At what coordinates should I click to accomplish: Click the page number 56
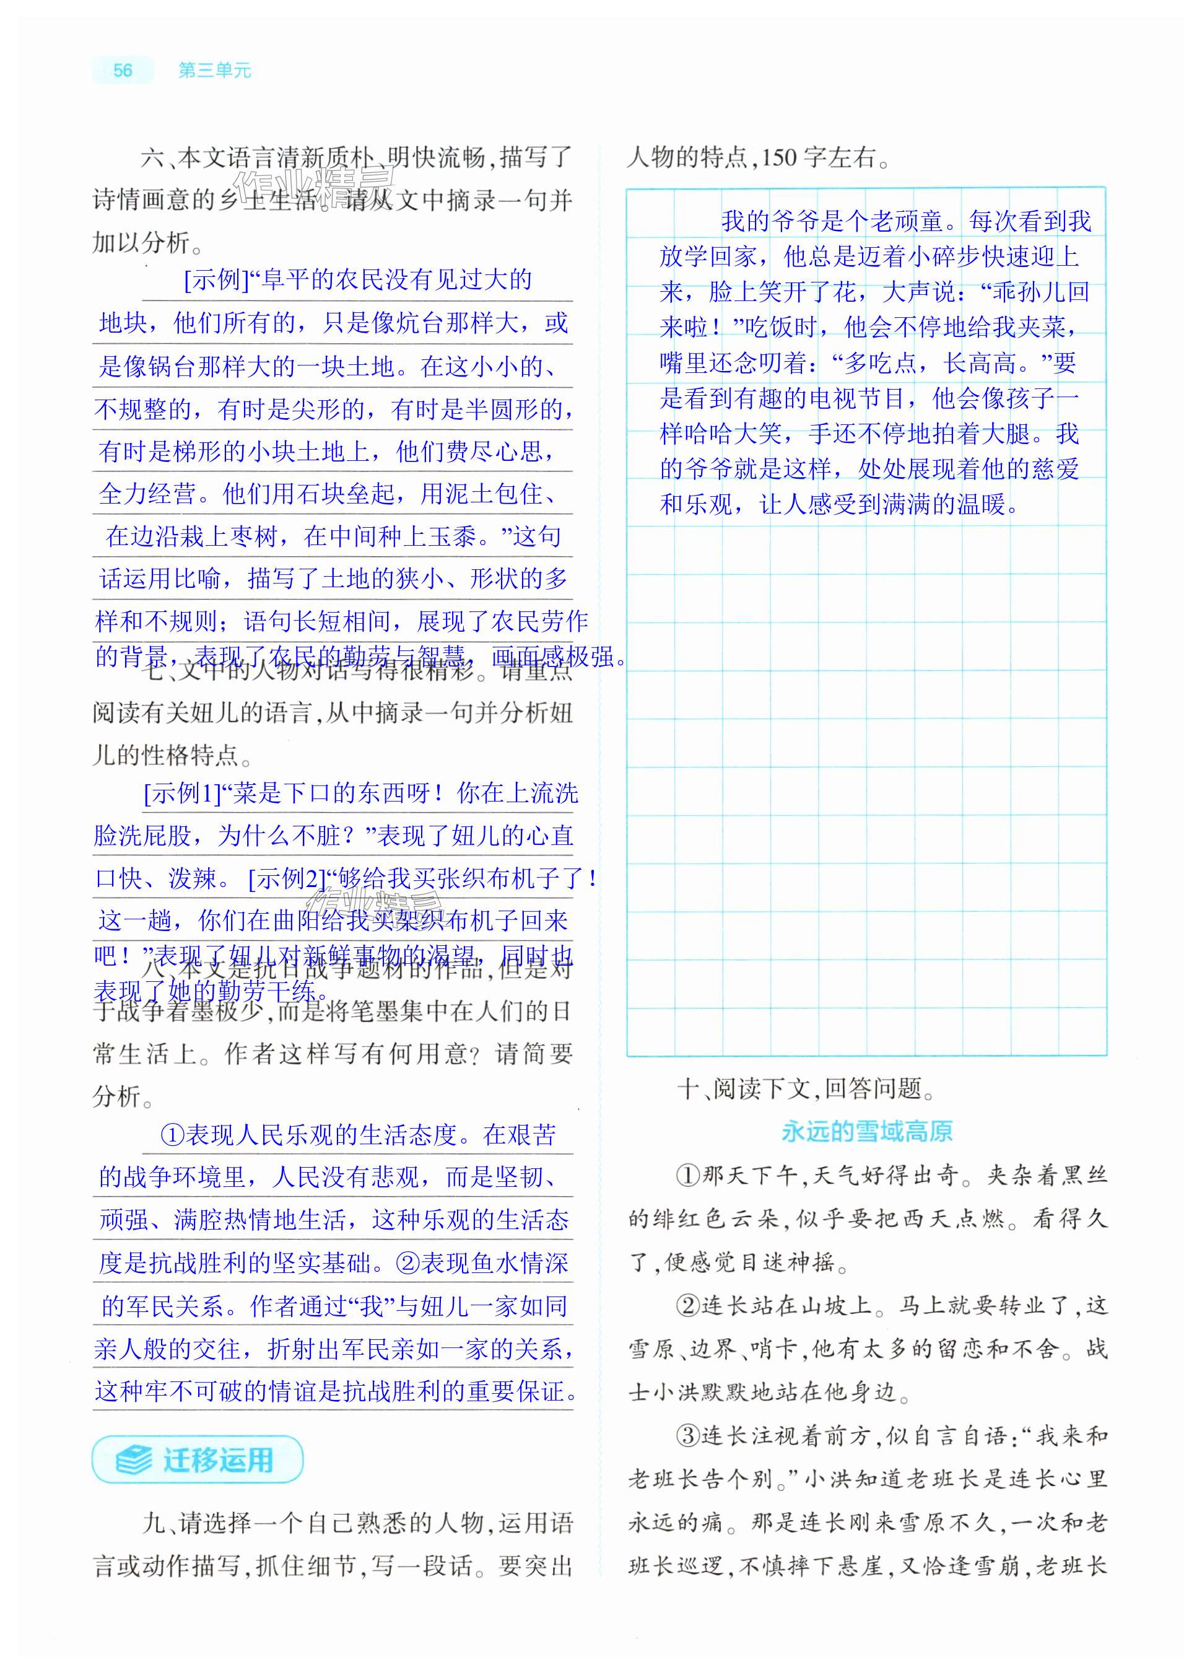coord(123,70)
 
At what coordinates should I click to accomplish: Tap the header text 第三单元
coord(215,70)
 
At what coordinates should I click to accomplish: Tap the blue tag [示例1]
coord(182,793)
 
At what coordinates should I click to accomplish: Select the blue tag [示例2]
coord(287,878)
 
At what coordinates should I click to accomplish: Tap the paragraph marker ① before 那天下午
coord(688,1175)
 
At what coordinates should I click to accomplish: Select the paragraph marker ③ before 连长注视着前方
coord(688,1436)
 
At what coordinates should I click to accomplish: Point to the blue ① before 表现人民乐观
coord(172,1134)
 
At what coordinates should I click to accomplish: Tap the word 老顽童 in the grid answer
coord(907,221)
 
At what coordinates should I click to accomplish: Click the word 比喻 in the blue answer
coord(197,579)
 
